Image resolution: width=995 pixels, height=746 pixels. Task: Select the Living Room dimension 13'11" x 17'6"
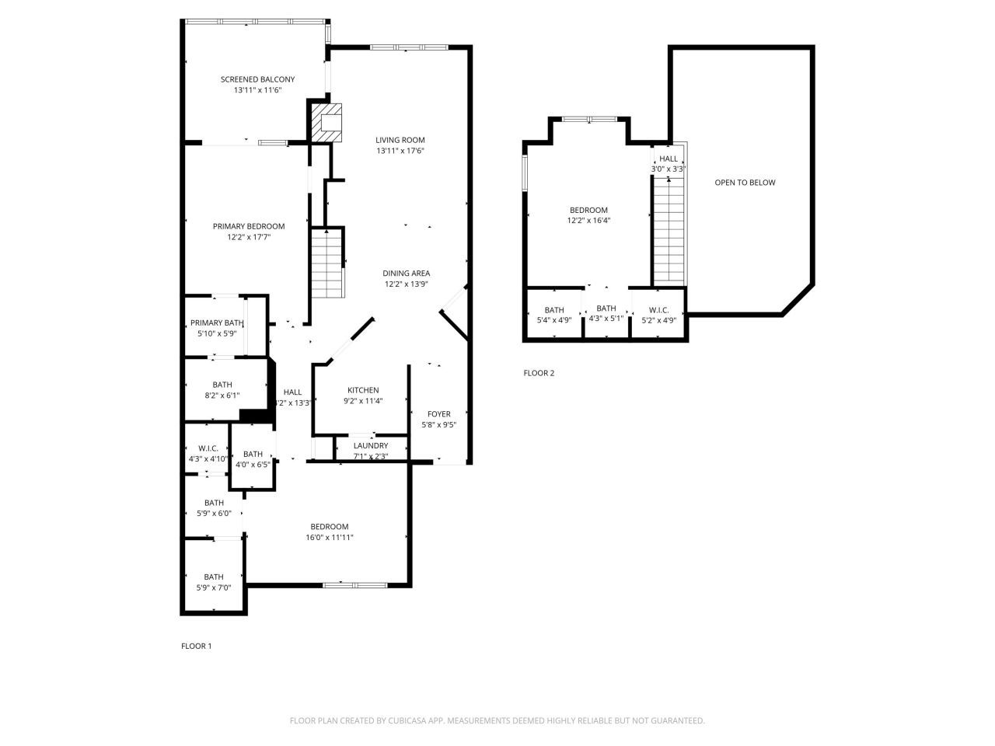400,151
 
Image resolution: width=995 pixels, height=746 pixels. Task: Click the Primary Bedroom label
249,226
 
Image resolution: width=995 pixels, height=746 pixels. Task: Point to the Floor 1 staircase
327,262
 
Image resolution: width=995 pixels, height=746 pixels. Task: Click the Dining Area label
406,274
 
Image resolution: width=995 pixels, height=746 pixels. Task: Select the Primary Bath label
217,323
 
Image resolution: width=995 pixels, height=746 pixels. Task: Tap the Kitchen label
363,391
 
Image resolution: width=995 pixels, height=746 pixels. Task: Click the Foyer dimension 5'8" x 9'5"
439,425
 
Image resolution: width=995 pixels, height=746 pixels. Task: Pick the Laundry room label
371,446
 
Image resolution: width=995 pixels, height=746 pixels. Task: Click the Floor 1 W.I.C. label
208,448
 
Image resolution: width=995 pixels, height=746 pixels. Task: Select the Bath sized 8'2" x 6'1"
222,395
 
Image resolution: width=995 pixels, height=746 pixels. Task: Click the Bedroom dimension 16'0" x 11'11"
330,537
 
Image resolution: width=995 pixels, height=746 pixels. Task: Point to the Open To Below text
745,183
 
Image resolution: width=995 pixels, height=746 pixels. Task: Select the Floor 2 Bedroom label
588,210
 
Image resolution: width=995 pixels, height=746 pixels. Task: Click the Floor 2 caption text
539,373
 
